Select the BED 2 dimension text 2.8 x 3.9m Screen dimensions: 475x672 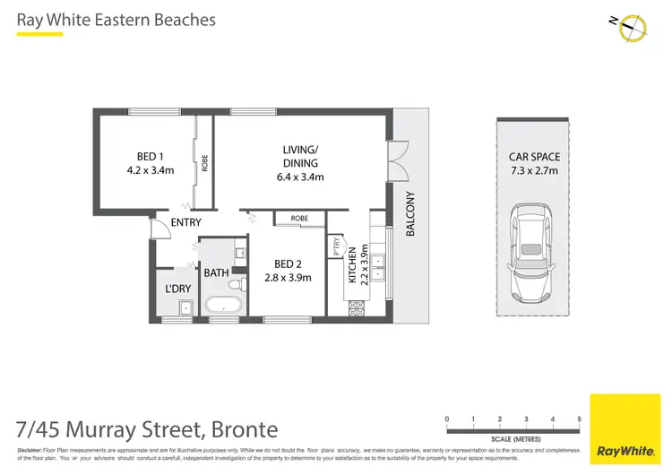point(288,278)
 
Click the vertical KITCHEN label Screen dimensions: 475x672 point(352,265)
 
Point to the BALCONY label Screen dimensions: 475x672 point(411,213)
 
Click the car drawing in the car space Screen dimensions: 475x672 point(534,252)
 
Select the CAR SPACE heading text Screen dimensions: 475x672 point(534,156)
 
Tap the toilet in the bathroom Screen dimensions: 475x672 point(235,285)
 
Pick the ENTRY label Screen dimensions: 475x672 point(185,222)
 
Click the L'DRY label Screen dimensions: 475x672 point(177,289)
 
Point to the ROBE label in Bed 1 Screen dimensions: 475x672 point(205,163)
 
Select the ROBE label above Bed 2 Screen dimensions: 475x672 point(300,218)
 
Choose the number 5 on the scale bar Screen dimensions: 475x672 point(580,419)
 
